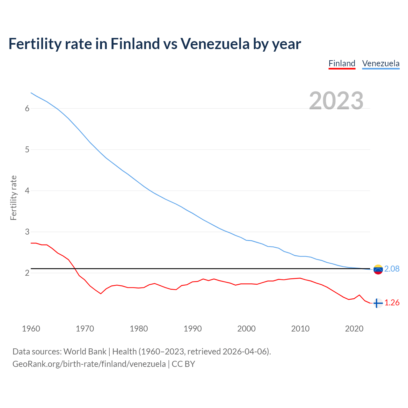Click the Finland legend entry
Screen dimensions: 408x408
point(342,63)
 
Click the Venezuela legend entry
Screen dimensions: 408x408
point(381,63)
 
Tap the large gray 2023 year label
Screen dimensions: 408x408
point(336,101)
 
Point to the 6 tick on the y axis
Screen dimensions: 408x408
point(27,108)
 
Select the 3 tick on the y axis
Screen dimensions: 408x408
point(27,232)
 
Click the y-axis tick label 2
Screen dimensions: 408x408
point(27,273)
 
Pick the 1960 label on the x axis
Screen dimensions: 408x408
point(31,329)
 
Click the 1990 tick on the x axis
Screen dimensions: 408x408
point(193,329)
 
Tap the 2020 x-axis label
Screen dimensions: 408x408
point(354,329)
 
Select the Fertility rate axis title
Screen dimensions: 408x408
point(13,198)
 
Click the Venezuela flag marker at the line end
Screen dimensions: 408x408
point(378,269)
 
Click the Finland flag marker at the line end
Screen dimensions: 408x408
point(378,303)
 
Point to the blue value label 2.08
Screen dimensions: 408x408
point(392,269)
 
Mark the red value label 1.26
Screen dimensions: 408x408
point(392,303)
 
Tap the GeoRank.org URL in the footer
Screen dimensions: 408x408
point(89,364)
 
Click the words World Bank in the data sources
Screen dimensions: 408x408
point(85,352)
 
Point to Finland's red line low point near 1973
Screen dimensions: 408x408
point(101,294)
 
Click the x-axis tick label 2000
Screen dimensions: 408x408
point(246,329)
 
